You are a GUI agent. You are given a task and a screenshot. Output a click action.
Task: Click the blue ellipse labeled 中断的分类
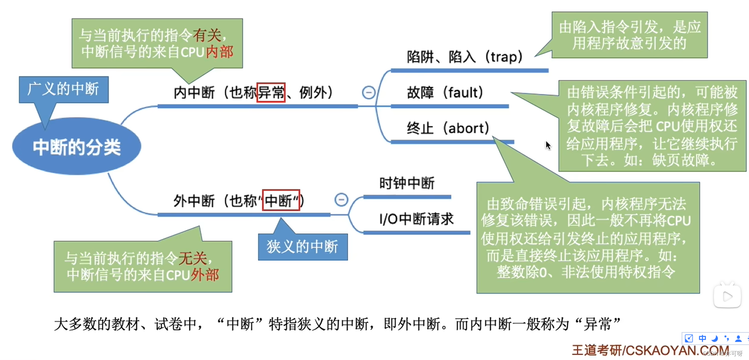pyautogui.click(x=76, y=147)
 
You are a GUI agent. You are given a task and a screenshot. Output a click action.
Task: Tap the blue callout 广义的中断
pyautogui.click(x=64, y=89)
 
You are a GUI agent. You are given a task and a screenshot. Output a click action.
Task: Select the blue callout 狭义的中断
pyautogui.click(x=302, y=247)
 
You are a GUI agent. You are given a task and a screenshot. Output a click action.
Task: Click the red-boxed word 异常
pyautogui.click(x=271, y=93)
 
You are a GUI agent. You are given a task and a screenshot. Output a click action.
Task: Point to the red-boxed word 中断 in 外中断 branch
pyautogui.click(x=281, y=201)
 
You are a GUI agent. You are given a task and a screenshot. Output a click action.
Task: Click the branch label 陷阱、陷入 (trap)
pyautogui.click(x=465, y=57)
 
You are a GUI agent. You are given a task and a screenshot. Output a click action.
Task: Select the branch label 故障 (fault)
pyautogui.click(x=445, y=93)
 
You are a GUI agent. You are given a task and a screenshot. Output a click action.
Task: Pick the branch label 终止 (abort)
pyautogui.click(x=448, y=128)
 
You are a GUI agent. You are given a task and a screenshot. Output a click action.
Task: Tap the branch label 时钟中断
pyautogui.click(x=407, y=183)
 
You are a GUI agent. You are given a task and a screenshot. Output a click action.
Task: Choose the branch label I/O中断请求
pyautogui.click(x=416, y=219)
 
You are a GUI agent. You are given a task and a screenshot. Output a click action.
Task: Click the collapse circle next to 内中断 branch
pyautogui.click(x=368, y=93)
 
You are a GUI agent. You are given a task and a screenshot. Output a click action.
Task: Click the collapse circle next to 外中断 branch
pyautogui.click(x=341, y=200)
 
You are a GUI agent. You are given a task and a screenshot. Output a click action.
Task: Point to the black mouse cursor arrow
pyautogui.click(x=548, y=145)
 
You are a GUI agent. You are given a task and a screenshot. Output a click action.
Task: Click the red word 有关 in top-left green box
pyautogui.click(x=207, y=36)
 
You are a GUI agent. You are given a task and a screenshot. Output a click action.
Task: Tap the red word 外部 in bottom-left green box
pyautogui.click(x=205, y=275)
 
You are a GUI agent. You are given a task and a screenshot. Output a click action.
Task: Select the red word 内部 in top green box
pyautogui.click(x=219, y=52)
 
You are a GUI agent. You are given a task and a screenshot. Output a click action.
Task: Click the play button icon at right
pyautogui.click(x=727, y=296)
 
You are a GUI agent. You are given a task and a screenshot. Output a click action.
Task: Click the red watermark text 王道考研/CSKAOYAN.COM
pyautogui.click(x=650, y=350)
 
